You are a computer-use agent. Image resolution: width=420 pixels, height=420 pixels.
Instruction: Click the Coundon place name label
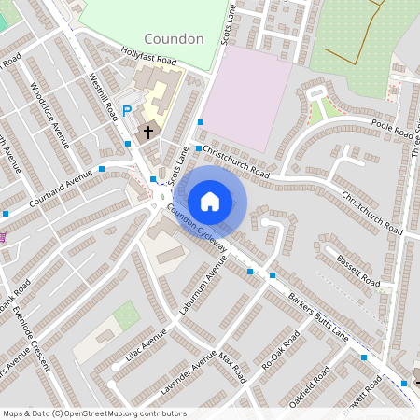point(174,39)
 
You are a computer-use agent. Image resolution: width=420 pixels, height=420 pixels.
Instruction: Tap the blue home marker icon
point(210,201)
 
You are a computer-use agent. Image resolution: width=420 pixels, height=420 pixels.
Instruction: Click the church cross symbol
point(147,133)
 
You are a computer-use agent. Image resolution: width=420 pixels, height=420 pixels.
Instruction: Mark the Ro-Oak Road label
point(280,349)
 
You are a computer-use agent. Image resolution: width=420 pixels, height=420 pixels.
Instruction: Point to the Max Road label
point(232,367)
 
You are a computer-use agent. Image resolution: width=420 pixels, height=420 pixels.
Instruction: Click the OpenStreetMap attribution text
point(94,413)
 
